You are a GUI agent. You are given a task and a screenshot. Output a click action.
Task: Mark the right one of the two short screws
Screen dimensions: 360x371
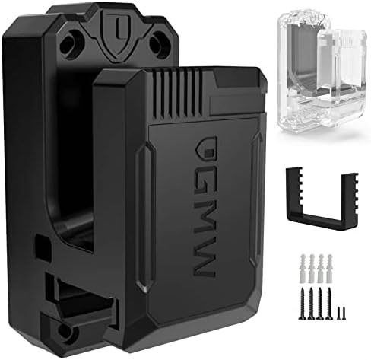[341, 312]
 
